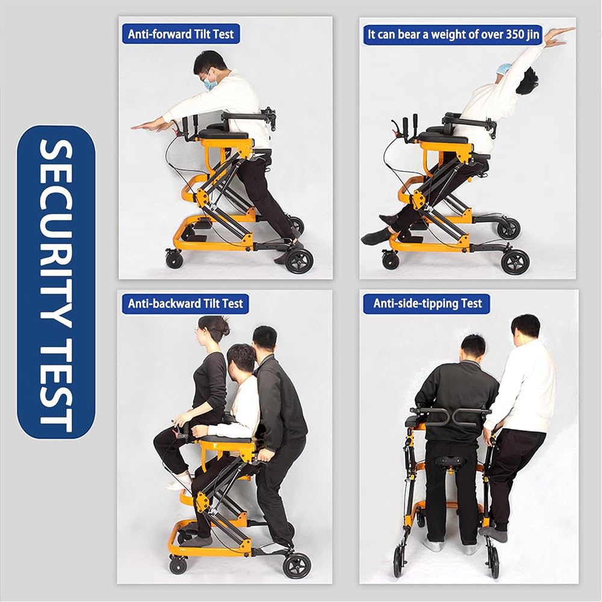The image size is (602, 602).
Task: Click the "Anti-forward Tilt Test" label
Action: (181, 34)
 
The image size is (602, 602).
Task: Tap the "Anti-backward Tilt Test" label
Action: (185, 303)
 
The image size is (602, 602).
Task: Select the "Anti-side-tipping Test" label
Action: (427, 303)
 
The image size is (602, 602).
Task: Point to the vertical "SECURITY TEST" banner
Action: (56, 282)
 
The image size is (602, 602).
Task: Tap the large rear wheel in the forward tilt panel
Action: (299, 261)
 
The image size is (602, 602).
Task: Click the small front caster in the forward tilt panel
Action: (175, 259)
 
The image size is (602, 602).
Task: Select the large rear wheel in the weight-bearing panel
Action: (515, 262)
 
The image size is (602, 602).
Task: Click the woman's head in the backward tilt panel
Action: (211, 329)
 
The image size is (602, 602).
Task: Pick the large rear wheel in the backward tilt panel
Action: (297, 566)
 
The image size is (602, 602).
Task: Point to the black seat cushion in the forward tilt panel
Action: (223, 134)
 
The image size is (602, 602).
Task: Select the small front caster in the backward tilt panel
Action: (178, 566)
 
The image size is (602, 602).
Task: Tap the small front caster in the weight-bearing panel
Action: (391, 261)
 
